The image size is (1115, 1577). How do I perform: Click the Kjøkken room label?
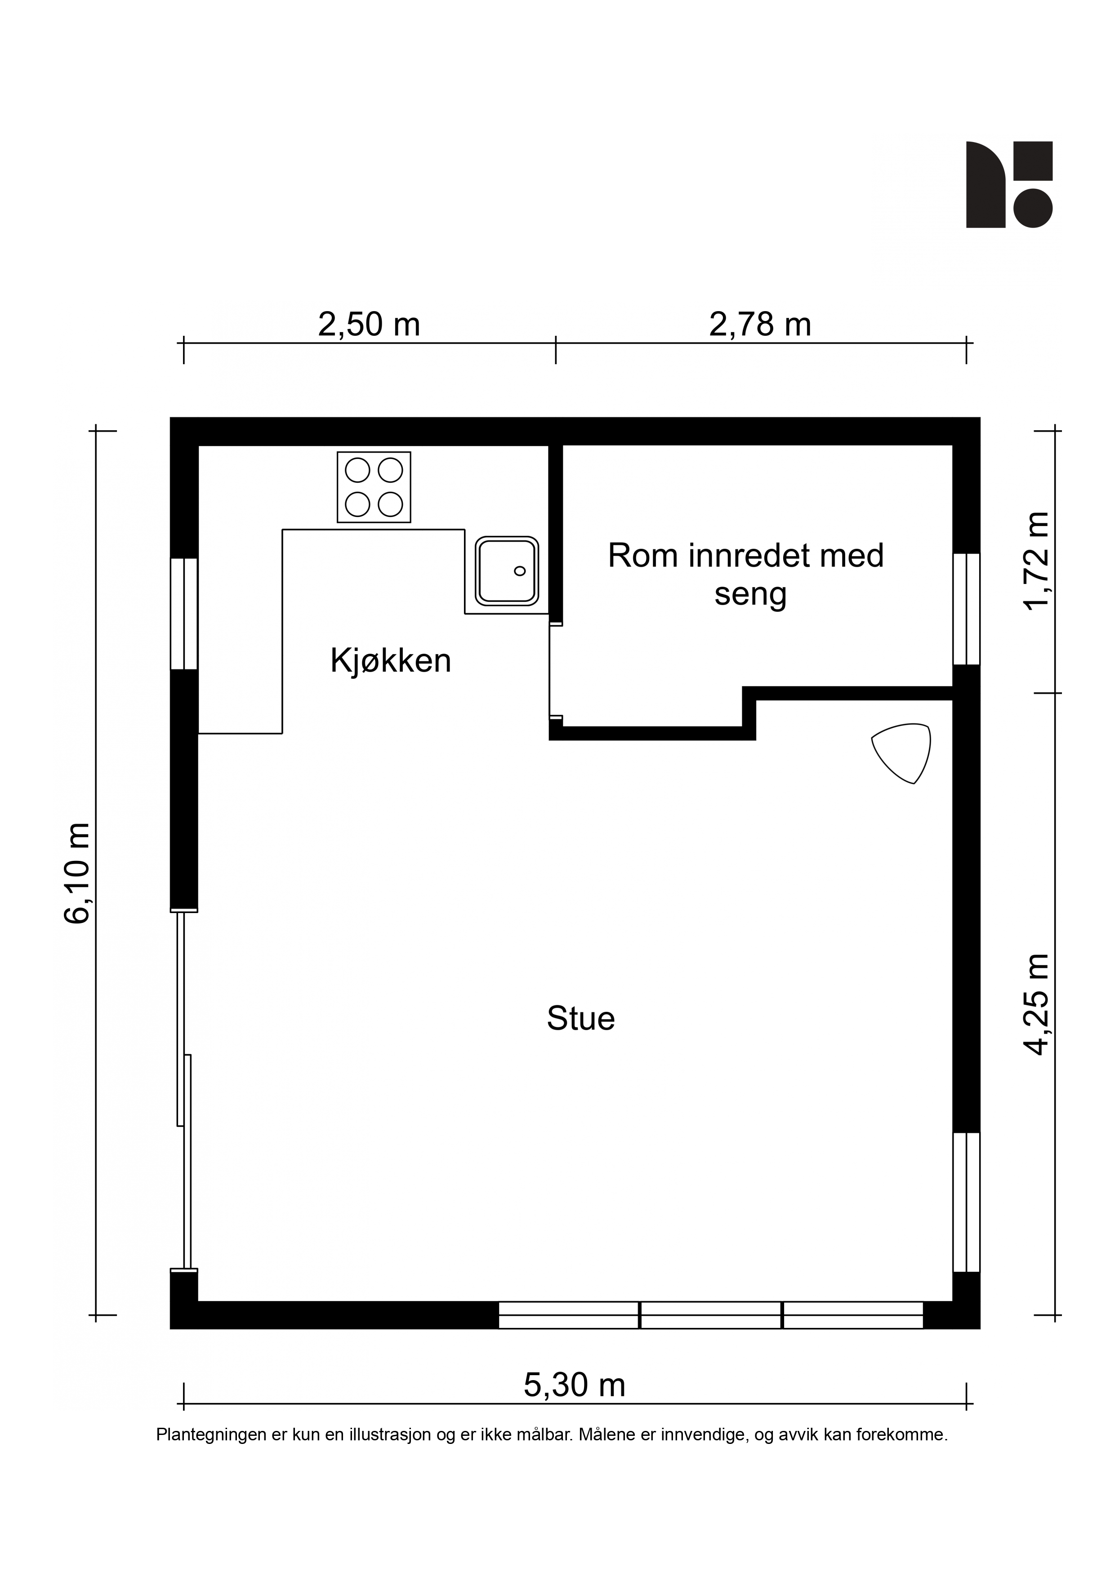[390, 661]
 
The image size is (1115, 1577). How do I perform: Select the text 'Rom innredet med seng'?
[746, 575]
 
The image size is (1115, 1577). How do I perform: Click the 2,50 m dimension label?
[369, 324]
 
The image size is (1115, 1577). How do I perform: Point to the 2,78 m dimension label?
[760, 324]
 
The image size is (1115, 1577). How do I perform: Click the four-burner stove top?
[374, 487]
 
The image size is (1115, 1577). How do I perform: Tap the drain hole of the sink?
[520, 571]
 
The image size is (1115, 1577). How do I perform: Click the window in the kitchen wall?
[184, 613]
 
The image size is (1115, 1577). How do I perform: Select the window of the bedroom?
[966, 609]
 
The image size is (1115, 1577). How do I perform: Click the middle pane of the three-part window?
[711, 1314]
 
